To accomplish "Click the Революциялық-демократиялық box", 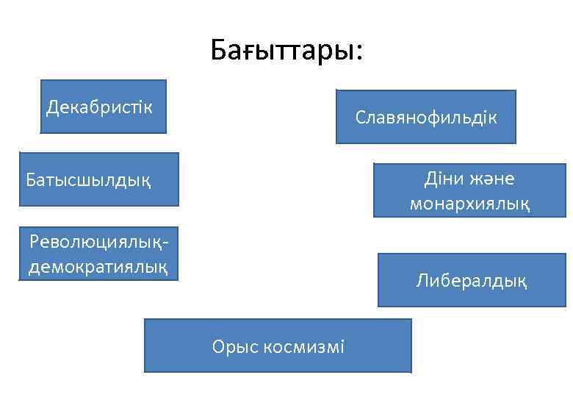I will pos(98,254).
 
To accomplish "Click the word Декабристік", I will pos(99,107).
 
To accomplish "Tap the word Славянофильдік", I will pos(426,117).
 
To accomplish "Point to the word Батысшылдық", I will pos(88,179).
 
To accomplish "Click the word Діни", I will pos(442,179).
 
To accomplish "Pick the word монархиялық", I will pos(469,203).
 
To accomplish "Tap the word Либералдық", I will pos(471,280).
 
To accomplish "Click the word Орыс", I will pos(234,346).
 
